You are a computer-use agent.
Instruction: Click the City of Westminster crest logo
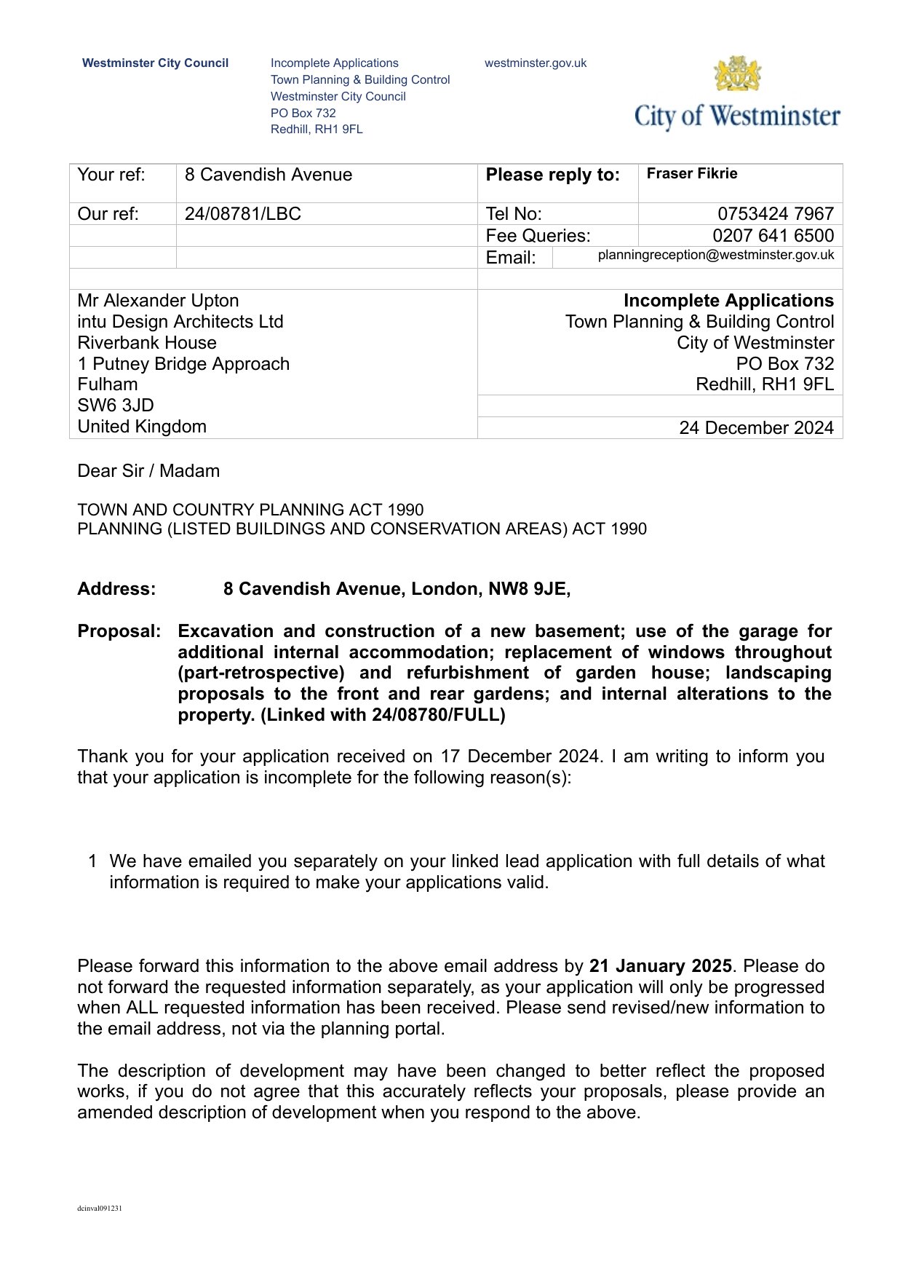pyautogui.click(x=737, y=74)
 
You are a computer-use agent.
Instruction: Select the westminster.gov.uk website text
pyautogui.click(x=536, y=63)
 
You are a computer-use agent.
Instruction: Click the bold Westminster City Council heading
pyautogui.click(x=155, y=63)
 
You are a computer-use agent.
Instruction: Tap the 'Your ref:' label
pyautogui.click(x=111, y=175)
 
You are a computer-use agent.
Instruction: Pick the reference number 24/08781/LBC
pyautogui.click(x=242, y=214)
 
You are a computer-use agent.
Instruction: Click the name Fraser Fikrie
pyautogui.click(x=692, y=173)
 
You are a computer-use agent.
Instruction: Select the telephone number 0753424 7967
pyautogui.click(x=775, y=214)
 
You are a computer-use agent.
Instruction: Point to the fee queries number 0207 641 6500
pyautogui.click(x=773, y=236)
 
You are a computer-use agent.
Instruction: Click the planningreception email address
pyautogui.click(x=715, y=255)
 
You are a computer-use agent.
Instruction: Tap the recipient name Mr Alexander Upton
pyautogui.click(x=158, y=301)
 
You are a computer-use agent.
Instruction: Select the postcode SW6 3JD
pyautogui.click(x=116, y=406)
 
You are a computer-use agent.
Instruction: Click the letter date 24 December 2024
pyautogui.click(x=756, y=428)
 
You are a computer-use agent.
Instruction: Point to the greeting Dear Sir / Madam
pyautogui.click(x=148, y=471)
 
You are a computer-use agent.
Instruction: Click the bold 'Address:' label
pyautogui.click(x=116, y=589)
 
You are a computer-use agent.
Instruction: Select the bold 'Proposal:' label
pyautogui.click(x=119, y=631)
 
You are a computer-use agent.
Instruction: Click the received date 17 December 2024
pyautogui.click(x=521, y=756)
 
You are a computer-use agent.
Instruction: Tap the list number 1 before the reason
pyautogui.click(x=92, y=861)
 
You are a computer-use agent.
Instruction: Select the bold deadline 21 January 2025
pyautogui.click(x=660, y=966)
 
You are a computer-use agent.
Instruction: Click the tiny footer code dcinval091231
pyautogui.click(x=100, y=1209)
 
